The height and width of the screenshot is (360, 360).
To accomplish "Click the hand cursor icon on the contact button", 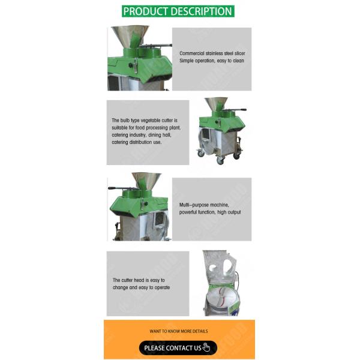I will (206, 347).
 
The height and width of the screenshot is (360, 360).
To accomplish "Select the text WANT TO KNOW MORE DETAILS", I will (179, 331).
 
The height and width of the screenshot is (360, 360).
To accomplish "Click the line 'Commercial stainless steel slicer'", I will (211, 53).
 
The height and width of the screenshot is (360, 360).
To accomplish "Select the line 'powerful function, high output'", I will (210, 212).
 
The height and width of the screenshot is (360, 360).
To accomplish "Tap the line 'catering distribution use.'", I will (136, 143).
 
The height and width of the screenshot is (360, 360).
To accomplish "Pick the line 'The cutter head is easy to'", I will (139, 280).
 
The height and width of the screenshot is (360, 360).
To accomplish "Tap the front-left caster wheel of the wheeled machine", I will (201, 154).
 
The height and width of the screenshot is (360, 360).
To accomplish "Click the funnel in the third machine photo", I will (146, 180).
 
